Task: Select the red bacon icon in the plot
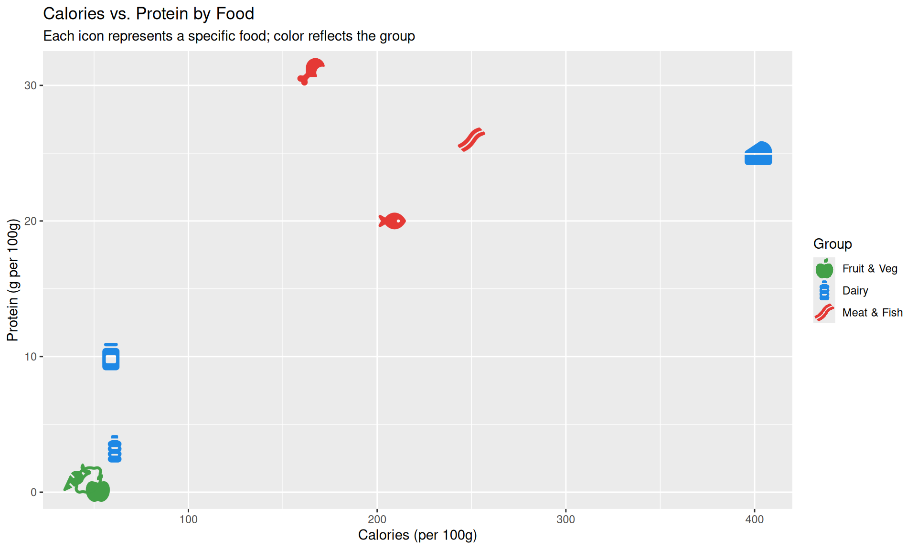tap(471, 139)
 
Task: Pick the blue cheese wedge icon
tap(758, 154)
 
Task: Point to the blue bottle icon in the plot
tap(115, 449)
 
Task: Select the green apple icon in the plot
tap(98, 490)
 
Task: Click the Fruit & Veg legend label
tap(869, 269)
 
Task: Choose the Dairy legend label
tap(855, 291)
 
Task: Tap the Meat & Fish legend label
tap(872, 313)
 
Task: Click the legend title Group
tap(832, 244)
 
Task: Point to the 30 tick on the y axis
tap(31, 85)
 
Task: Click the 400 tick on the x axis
tap(754, 519)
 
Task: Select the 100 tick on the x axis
tap(188, 519)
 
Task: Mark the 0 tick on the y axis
tap(33, 492)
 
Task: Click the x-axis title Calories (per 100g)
tap(417, 535)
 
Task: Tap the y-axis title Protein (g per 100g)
tap(13, 280)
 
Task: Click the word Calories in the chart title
tap(74, 14)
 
